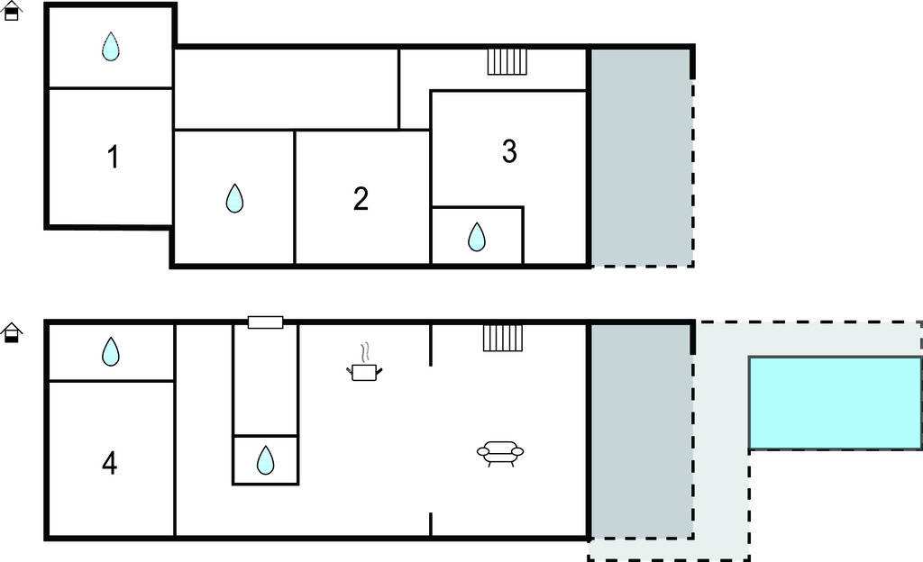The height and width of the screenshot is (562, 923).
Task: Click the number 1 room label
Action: pyautogui.click(x=113, y=157)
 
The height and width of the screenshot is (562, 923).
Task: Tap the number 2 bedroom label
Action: pyautogui.click(x=361, y=199)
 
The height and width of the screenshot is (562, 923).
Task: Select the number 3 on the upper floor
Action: pyautogui.click(x=510, y=151)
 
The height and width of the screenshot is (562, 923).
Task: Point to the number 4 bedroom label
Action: pyautogui.click(x=109, y=463)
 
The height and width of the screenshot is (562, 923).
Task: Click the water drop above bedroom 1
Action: pyautogui.click(x=111, y=47)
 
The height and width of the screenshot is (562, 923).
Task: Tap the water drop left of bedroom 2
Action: pyautogui.click(x=234, y=198)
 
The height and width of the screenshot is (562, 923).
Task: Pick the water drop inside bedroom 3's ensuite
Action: pyautogui.click(x=476, y=237)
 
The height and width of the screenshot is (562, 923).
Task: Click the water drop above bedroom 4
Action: pyautogui.click(x=111, y=351)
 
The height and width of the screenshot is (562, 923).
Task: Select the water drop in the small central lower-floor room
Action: pyautogui.click(x=266, y=459)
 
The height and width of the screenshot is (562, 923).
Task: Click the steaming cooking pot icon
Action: pyautogui.click(x=364, y=363)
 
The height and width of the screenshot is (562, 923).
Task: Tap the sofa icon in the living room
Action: pyautogui.click(x=499, y=453)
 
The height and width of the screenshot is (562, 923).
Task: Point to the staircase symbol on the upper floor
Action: pyautogui.click(x=507, y=62)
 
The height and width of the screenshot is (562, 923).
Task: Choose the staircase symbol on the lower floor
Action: pyautogui.click(x=503, y=338)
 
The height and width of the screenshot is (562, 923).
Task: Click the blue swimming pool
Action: pyautogui.click(x=836, y=403)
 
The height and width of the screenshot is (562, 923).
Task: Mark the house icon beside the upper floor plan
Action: pyautogui.click(x=12, y=11)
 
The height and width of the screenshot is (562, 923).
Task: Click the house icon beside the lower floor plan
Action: pyautogui.click(x=12, y=332)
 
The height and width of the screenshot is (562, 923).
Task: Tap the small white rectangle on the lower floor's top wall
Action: pyautogui.click(x=266, y=322)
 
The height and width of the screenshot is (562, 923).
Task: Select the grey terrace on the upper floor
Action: pyautogui.click(x=641, y=157)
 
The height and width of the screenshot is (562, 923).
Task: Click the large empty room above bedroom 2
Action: pyautogui.click(x=286, y=89)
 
